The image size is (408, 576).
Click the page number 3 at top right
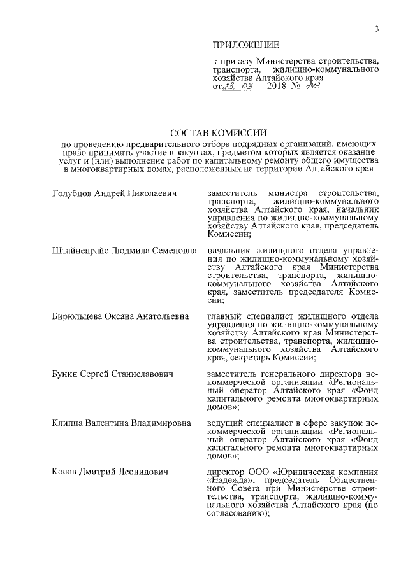pyautogui.click(x=377, y=29)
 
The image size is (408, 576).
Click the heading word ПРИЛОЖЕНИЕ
pyautogui.click(x=245, y=44)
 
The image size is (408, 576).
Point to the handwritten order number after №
pyautogui.click(x=310, y=86)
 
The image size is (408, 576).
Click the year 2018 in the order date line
pyautogui.click(x=278, y=87)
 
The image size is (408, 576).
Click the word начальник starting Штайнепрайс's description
pyautogui.click(x=231, y=251)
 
